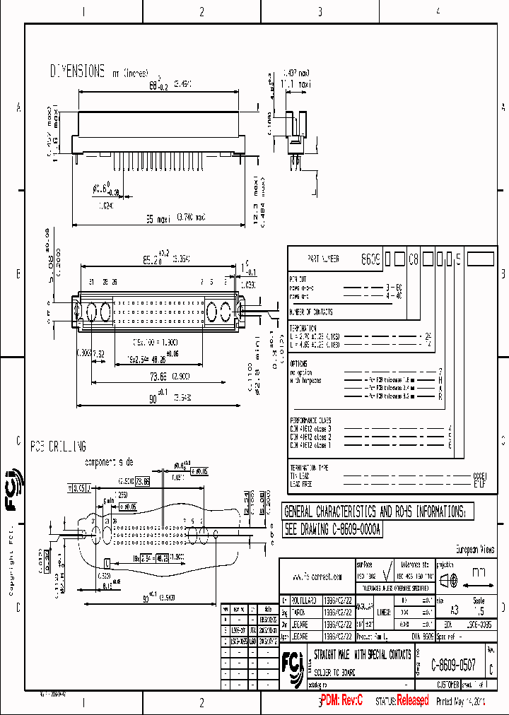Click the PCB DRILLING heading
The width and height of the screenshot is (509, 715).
coord(58,447)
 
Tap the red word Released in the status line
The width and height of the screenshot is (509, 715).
coord(411,700)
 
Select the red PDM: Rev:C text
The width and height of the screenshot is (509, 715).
coord(341,700)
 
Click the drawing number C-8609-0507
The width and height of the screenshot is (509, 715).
coord(453,666)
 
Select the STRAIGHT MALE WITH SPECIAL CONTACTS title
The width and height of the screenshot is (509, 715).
coord(361,655)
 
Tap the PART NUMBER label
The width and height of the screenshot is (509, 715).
coord(324,259)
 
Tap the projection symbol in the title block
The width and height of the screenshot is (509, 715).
coord(448,581)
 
